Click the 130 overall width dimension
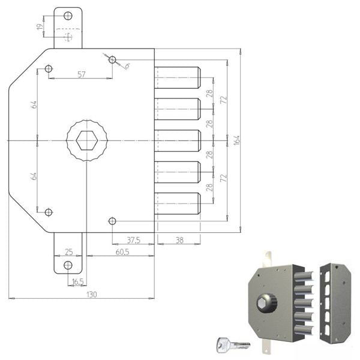coord(92,295)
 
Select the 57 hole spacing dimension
coord(82,74)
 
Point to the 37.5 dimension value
coord(134,241)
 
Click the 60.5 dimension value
coord(122,252)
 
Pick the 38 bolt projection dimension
coord(179,241)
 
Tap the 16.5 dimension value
coord(77,282)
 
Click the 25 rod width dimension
coord(69,252)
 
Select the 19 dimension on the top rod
coord(40,26)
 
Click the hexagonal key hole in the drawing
coord(87,140)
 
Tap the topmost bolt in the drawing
coord(178,77)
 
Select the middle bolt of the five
coord(178,141)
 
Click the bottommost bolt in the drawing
coord(178,203)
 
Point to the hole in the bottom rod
coord(68,265)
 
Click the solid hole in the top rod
coord(68,16)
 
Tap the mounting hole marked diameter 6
coord(112,59)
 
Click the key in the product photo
coord(233,345)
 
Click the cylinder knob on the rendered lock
coord(266,303)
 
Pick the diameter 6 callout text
coord(127,66)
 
